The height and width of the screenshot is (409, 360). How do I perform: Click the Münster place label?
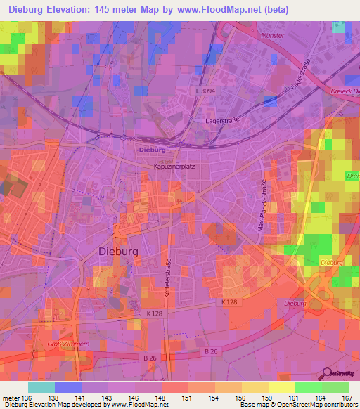click(271, 35)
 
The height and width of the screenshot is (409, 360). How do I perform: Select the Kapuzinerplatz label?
click(174, 167)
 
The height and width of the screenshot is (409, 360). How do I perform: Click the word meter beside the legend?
click(10, 398)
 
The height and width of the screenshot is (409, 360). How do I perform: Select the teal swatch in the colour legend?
click(41, 387)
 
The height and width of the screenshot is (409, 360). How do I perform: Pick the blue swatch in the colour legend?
click(68, 387)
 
